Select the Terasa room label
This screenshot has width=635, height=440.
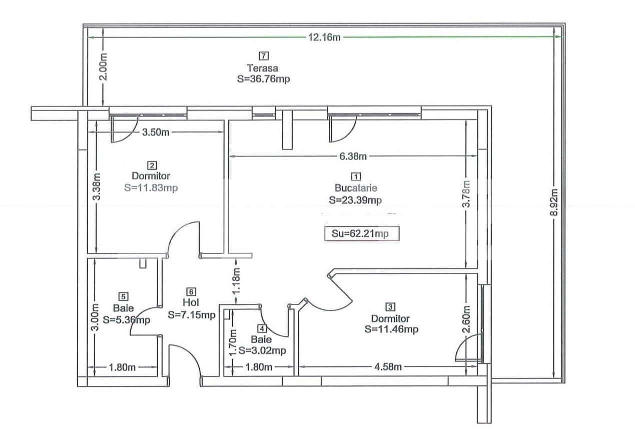262,68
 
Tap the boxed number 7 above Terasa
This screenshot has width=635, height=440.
263,56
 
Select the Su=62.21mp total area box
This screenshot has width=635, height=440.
361,234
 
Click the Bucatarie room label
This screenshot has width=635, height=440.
356,189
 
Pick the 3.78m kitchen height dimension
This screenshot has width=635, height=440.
466,194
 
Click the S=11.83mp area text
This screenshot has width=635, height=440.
151,188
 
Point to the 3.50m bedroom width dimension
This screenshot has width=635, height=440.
155,132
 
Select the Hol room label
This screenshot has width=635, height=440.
191,303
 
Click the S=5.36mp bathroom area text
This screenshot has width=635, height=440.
126,320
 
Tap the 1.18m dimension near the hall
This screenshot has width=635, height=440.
236,281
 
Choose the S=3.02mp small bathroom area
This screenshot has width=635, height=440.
262,351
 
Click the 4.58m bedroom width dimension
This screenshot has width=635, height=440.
388,367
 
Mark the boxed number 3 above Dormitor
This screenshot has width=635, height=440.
390,307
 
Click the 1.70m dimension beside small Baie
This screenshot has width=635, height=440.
232,342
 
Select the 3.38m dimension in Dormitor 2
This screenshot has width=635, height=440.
97,187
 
